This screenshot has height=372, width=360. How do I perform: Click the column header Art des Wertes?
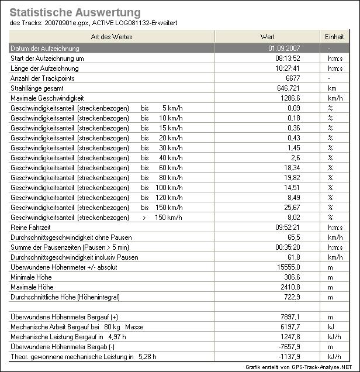click(x=112, y=37)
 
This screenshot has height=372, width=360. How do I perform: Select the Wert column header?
click(x=267, y=37)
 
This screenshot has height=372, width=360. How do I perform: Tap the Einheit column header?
click(x=334, y=37)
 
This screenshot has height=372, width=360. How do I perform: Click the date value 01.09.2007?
click(x=284, y=48)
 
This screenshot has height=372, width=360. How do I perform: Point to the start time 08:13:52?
click(x=288, y=58)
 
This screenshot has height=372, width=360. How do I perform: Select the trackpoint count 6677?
click(x=292, y=78)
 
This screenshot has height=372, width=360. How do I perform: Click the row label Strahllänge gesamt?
click(x=36, y=88)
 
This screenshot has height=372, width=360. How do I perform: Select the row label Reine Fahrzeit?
click(x=31, y=228)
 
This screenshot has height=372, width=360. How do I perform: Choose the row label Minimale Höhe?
click(x=31, y=277)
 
